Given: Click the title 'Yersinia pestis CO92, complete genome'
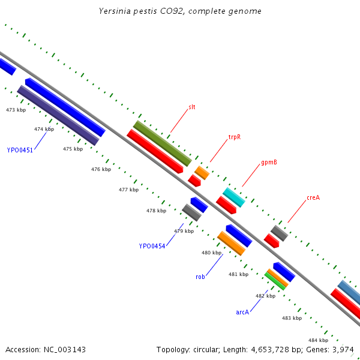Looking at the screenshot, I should coord(180,11).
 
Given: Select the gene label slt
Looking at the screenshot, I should coord(192,107).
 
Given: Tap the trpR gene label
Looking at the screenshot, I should coord(235,137).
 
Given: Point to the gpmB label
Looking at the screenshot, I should coord(269,163).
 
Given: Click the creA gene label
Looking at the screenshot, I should coord(313,197).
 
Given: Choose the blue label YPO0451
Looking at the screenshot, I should coord(20,150).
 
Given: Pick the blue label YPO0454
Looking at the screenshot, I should coord(152,246).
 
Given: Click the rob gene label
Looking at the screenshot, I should coord(200,277).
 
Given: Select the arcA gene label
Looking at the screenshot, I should coord(242,312).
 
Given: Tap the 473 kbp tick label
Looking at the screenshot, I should coord(16,110).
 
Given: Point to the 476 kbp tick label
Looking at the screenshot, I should coord(101,170).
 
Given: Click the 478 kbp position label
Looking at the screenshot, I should coord(156,211).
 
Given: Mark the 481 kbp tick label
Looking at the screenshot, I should coord(238,274).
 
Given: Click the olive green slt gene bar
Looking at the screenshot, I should coord(162,143).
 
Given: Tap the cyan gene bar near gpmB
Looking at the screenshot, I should coord(234,197).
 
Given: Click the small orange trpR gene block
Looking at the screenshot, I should coord(202,173).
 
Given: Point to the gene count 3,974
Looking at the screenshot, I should coord(343,349).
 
